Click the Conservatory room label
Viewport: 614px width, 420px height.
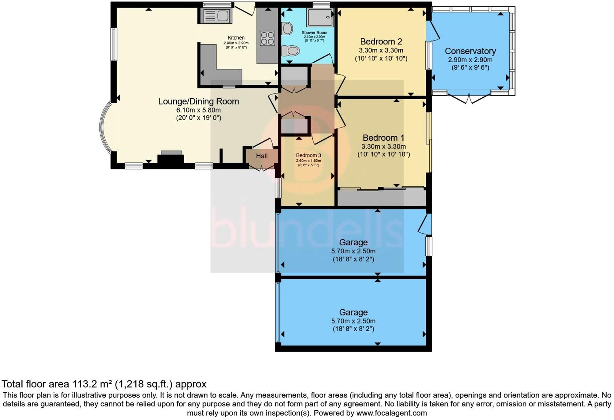click(x=470, y=51)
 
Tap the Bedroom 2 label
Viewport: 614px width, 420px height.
click(x=381, y=42)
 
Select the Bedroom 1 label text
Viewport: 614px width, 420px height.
click(x=383, y=138)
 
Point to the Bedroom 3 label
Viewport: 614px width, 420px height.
click(x=308, y=155)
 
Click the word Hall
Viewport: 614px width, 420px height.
click(x=262, y=156)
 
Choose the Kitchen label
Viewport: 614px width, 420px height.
click(x=236, y=38)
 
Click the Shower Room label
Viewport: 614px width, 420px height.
click(x=314, y=32)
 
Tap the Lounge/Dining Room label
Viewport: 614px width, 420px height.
click(x=198, y=101)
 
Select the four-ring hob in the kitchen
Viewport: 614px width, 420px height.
click(x=267, y=38)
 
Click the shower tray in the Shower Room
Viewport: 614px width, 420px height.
click(x=320, y=17)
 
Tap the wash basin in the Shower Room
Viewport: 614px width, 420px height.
click(x=287, y=28)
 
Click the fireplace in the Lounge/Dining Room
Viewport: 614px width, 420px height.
click(x=171, y=159)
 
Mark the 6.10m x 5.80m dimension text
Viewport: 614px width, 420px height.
click(x=198, y=110)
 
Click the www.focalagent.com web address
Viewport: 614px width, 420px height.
click(x=391, y=413)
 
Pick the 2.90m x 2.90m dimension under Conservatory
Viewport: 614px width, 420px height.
click(x=470, y=60)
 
